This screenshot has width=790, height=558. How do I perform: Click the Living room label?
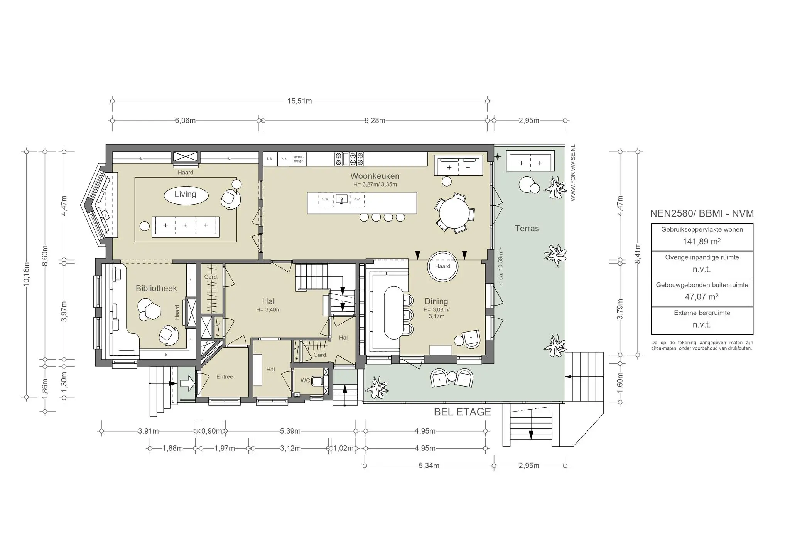(185, 194)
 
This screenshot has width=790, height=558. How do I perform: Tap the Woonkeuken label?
(375, 176)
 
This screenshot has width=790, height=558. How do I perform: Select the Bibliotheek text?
(156, 288)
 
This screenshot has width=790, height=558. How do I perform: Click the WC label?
(305, 380)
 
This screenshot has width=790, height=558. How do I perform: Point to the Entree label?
(225, 376)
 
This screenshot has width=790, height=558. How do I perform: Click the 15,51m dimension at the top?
(299, 101)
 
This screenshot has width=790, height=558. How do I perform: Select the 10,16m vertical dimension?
(26, 274)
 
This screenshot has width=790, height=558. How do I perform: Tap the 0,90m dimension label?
(211, 431)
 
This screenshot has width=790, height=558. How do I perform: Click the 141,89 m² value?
(702, 242)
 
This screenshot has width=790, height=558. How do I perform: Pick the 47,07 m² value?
(702, 297)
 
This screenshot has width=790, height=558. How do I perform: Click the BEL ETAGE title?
(462, 412)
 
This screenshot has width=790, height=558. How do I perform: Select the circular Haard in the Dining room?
(442, 266)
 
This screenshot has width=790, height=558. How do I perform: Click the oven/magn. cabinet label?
(299, 159)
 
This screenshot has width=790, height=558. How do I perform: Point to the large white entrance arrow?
(187, 383)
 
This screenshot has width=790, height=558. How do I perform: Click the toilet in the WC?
(317, 381)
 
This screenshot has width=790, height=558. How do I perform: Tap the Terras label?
(527, 229)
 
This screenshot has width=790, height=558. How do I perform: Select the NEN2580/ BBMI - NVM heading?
(702, 213)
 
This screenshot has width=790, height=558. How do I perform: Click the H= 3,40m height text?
(268, 309)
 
